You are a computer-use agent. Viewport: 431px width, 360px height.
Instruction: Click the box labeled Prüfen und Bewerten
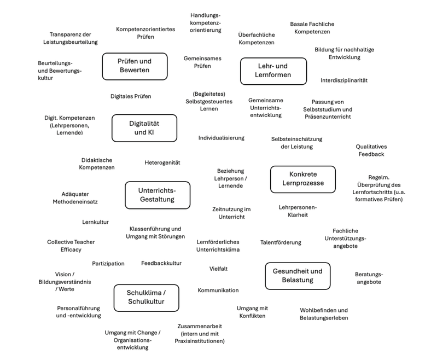click(135, 66)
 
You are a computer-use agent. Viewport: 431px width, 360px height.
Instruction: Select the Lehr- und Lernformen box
click(273, 71)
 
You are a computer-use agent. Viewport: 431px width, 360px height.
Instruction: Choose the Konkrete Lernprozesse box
click(302, 179)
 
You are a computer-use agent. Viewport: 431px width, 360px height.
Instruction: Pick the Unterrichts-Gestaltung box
click(158, 195)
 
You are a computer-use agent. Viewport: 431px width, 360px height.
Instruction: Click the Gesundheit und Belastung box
click(298, 276)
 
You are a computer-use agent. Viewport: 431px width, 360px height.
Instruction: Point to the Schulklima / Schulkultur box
click(146, 298)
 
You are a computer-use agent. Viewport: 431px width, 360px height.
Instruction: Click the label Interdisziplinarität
click(343, 80)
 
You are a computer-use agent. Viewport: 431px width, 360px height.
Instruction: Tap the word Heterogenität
click(162, 162)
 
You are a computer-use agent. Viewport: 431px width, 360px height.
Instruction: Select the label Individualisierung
click(221, 138)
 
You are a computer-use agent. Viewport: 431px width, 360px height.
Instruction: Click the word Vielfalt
click(219, 269)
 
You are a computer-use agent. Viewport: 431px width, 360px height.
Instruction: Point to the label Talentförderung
click(281, 242)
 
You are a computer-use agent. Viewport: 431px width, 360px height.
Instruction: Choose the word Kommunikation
click(218, 290)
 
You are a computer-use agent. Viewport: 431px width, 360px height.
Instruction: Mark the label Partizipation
click(108, 263)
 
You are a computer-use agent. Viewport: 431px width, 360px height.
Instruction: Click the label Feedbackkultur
click(161, 263)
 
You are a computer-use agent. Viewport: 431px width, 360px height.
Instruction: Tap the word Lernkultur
click(95, 222)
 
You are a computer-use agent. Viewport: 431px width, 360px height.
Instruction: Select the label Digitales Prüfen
click(131, 96)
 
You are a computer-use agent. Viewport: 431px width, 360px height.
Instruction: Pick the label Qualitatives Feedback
click(371, 150)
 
